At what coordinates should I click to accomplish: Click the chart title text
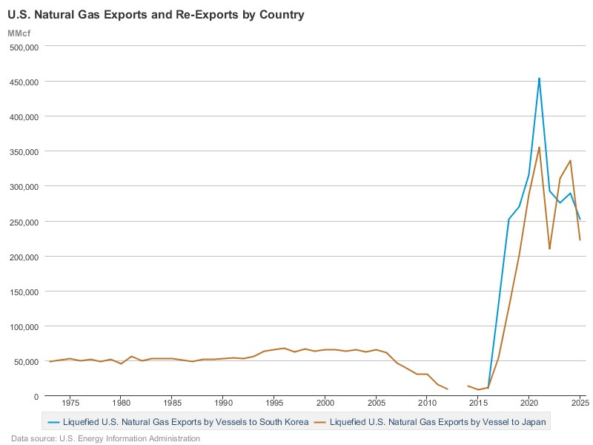click(x=156, y=15)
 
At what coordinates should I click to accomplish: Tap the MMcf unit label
click(x=19, y=33)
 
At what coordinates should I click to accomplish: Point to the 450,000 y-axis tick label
click(x=24, y=82)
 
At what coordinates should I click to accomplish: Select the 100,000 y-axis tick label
click(x=24, y=327)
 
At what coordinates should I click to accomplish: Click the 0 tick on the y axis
click(x=36, y=397)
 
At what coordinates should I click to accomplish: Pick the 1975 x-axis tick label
click(x=70, y=403)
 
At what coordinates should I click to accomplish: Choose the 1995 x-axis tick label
click(x=274, y=403)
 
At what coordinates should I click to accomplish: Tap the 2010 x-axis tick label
click(x=427, y=403)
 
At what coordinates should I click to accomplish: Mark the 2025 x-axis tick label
click(x=580, y=403)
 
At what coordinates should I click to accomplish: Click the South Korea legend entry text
click(x=186, y=422)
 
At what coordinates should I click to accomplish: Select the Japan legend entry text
click(x=438, y=422)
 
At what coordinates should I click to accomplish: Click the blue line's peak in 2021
click(x=539, y=79)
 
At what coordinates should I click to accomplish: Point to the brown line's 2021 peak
click(x=539, y=147)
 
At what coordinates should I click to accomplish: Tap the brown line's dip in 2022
click(x=549, y=248)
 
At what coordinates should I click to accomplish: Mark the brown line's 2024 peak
click(x=570, y=160)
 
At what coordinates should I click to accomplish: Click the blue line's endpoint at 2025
click(x=580, y=220)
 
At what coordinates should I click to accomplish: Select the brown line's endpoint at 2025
click(x=580, y=240)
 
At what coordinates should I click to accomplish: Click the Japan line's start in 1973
click(x=50, y=362)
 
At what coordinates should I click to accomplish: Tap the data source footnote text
click(x=105, y=438)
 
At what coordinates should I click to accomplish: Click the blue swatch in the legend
click(x=54, y=422)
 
